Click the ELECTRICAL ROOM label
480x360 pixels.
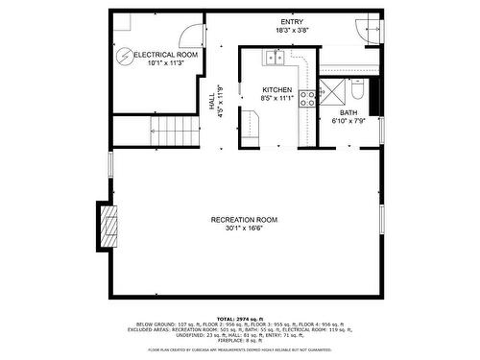pos(165,56)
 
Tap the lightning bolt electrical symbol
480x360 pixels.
pos(124,56)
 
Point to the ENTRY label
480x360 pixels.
pos(292,22)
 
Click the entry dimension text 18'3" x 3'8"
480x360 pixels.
pos(292,32)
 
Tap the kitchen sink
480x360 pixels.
pos(276,59)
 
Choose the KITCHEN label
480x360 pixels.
pos(277,89)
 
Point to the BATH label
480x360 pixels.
pos(348,113)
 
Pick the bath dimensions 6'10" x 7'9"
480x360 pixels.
pos(348,122)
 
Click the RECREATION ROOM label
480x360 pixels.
pos(245,220)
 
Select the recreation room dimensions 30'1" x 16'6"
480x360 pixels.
pos(245,229)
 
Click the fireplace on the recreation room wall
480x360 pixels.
pos(109,228)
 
